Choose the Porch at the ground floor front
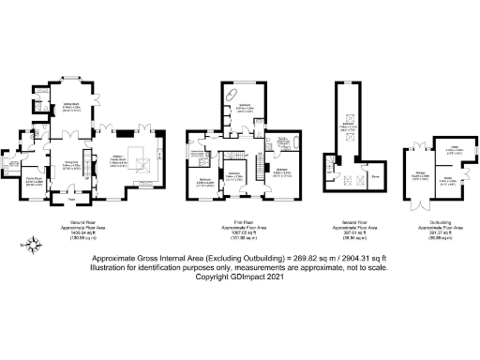click(73, 198)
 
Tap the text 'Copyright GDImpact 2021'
click(240, 276)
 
